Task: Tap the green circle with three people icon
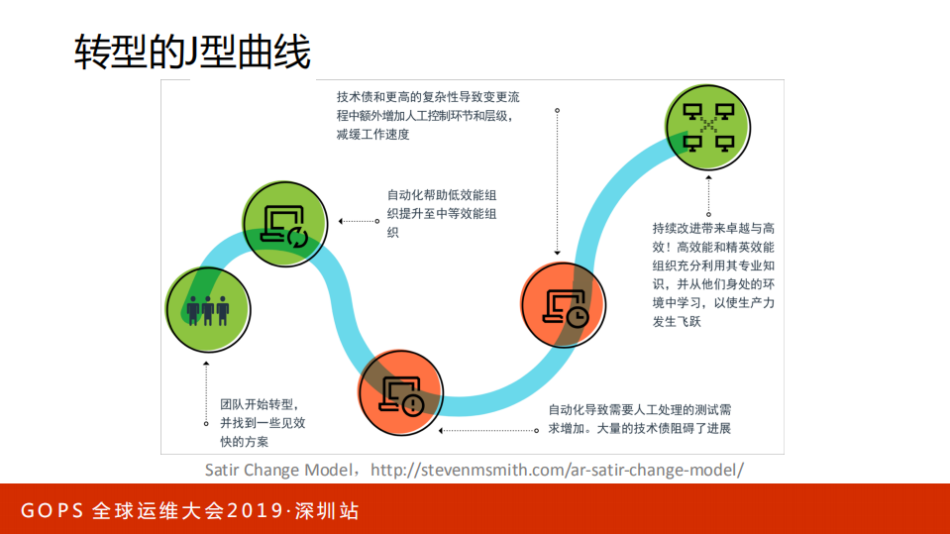[x=207, y=309]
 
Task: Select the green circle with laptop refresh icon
[x=284, y=227]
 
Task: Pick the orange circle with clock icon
[x=563, y=306]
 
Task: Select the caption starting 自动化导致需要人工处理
[x=640, y=418]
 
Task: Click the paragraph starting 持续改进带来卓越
[x=713, y=273]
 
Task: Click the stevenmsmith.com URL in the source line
[x=557, y=470]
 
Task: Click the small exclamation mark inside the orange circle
[x=414, y=403]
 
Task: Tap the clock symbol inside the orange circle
[x=578, y=315]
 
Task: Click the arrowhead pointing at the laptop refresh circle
[x=340, y=221]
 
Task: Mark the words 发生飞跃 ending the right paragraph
[x=677, y=321]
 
